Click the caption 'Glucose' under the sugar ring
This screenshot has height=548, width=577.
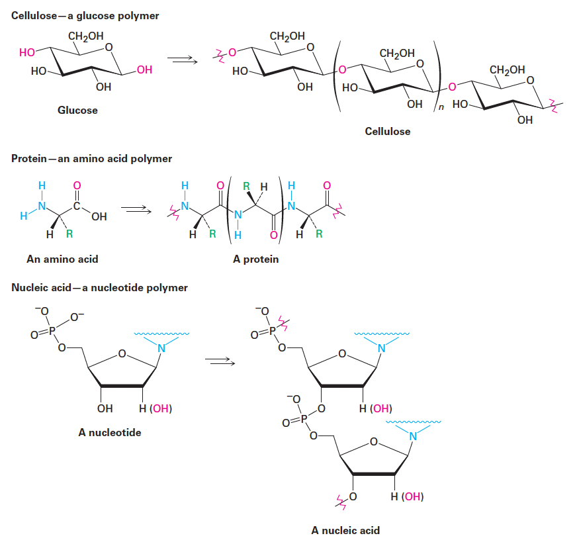77,111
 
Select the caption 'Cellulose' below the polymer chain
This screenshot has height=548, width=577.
387,132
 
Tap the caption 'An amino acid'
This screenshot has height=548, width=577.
62,259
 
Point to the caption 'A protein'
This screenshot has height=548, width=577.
255,259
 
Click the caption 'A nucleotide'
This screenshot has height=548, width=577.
110,433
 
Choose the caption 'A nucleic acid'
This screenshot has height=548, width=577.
345,530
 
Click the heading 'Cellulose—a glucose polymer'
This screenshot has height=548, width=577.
85,15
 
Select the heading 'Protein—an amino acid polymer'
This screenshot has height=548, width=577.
91,159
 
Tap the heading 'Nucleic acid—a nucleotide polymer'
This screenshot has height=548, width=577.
99,288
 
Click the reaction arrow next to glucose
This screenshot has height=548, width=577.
183,61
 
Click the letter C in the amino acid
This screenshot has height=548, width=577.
76,206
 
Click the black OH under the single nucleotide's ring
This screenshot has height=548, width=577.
105,408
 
